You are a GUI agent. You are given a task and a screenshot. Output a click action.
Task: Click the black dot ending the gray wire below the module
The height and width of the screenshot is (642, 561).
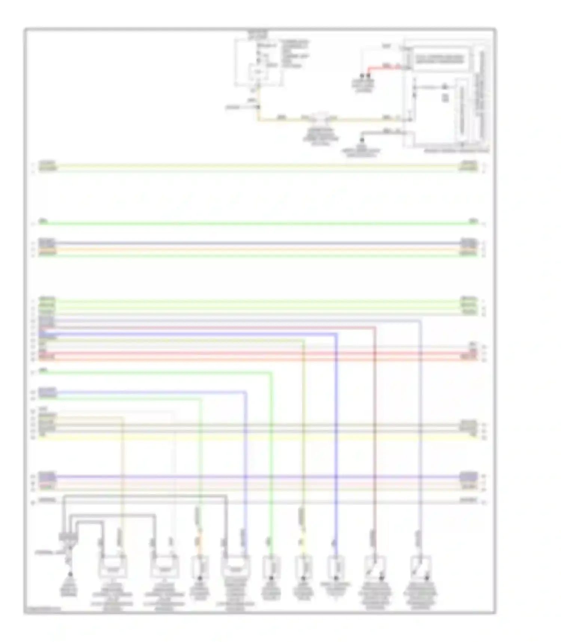pos(362,140)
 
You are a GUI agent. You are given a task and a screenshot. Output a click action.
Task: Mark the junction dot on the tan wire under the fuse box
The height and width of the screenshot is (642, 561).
pos(258,107)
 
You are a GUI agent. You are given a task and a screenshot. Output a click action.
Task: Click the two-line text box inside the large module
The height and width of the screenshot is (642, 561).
pos(438,59)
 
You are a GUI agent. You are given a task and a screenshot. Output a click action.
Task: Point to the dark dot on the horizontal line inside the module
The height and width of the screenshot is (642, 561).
pos(445,87)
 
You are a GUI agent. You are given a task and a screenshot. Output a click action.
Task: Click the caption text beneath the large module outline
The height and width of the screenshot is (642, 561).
pos(456,151)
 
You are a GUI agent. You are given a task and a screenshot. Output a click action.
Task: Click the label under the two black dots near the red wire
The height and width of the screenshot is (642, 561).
pos(362,85)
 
